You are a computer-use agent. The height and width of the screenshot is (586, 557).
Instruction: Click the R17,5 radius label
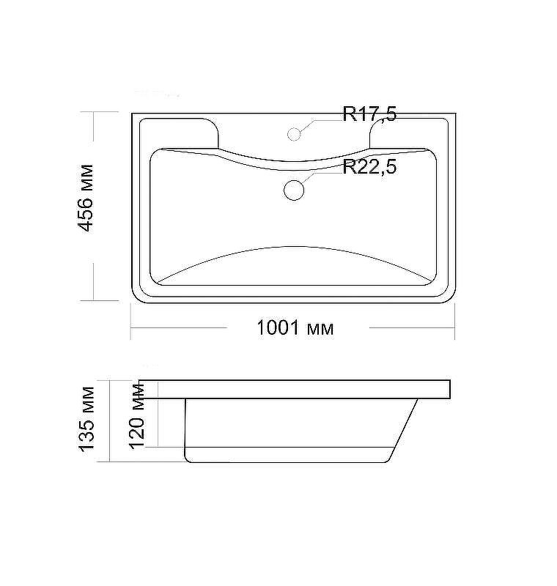(x=369, y=114)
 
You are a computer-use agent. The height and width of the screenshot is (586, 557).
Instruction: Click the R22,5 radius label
(x=369, y=166)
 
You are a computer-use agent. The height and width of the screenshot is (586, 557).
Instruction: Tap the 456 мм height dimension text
(x=85, y=198)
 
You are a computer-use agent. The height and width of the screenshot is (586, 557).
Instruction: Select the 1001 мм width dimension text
(x=295, y=327)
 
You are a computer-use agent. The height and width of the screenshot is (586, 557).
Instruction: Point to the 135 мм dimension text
(x=86, y=419)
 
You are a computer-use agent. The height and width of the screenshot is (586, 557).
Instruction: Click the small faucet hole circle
(x=294, y=134)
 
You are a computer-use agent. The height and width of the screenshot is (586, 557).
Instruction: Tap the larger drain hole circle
(x=294, y=190)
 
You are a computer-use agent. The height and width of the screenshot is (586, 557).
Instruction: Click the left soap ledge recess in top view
(x=179, y=133)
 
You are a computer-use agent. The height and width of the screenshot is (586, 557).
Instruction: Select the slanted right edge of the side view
(x=404, y=429)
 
